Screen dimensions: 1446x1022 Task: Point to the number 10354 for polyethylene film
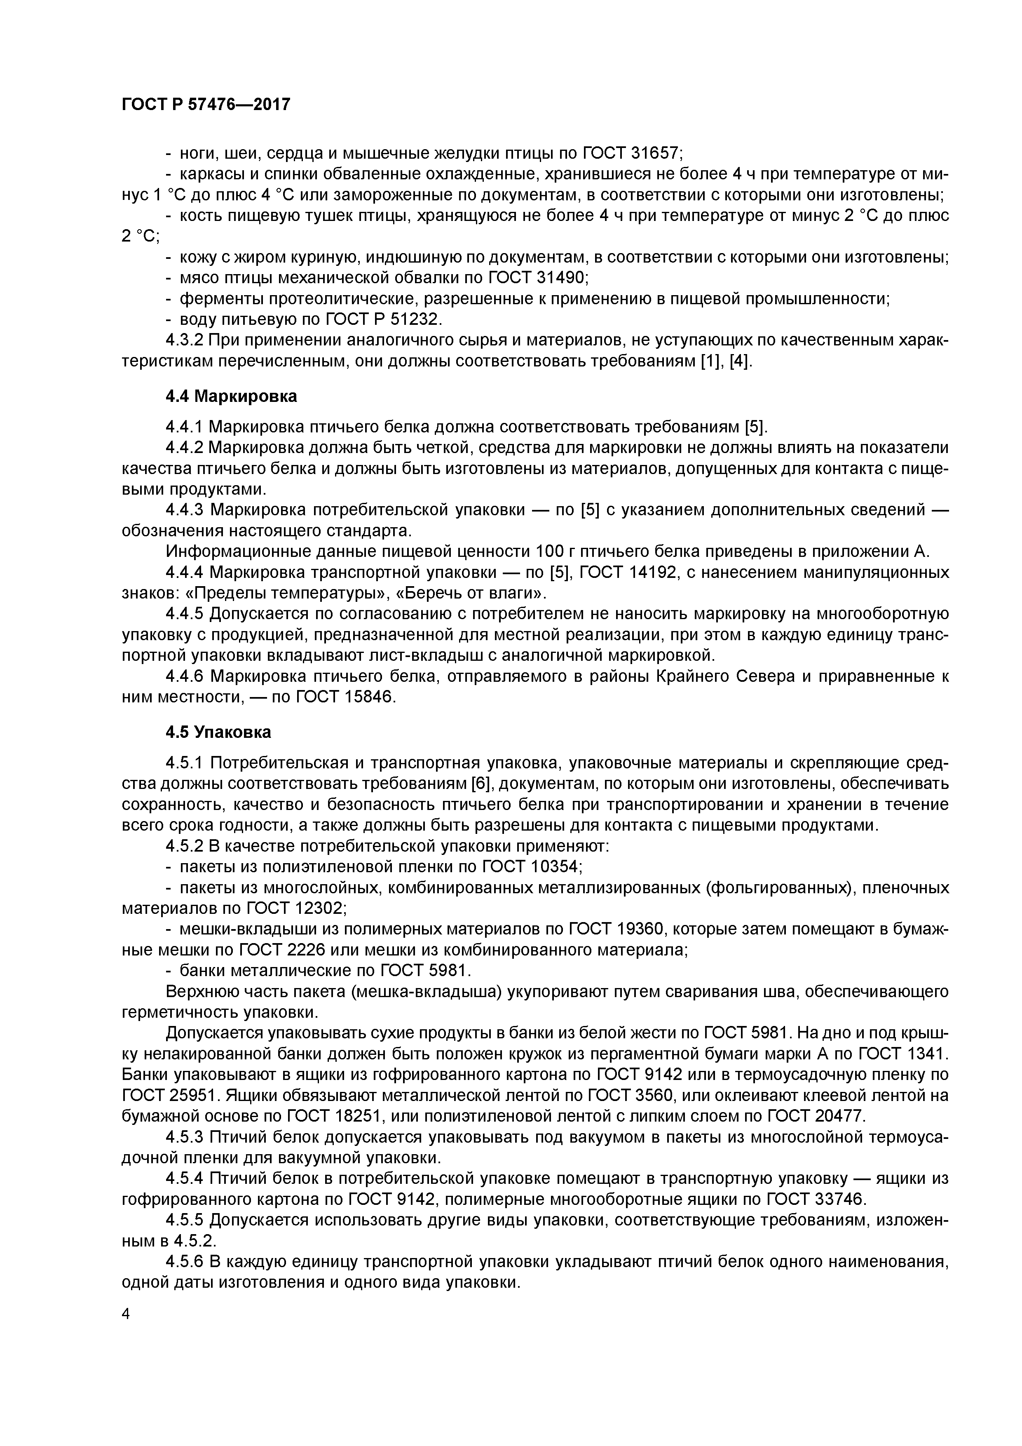click(554, 866)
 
